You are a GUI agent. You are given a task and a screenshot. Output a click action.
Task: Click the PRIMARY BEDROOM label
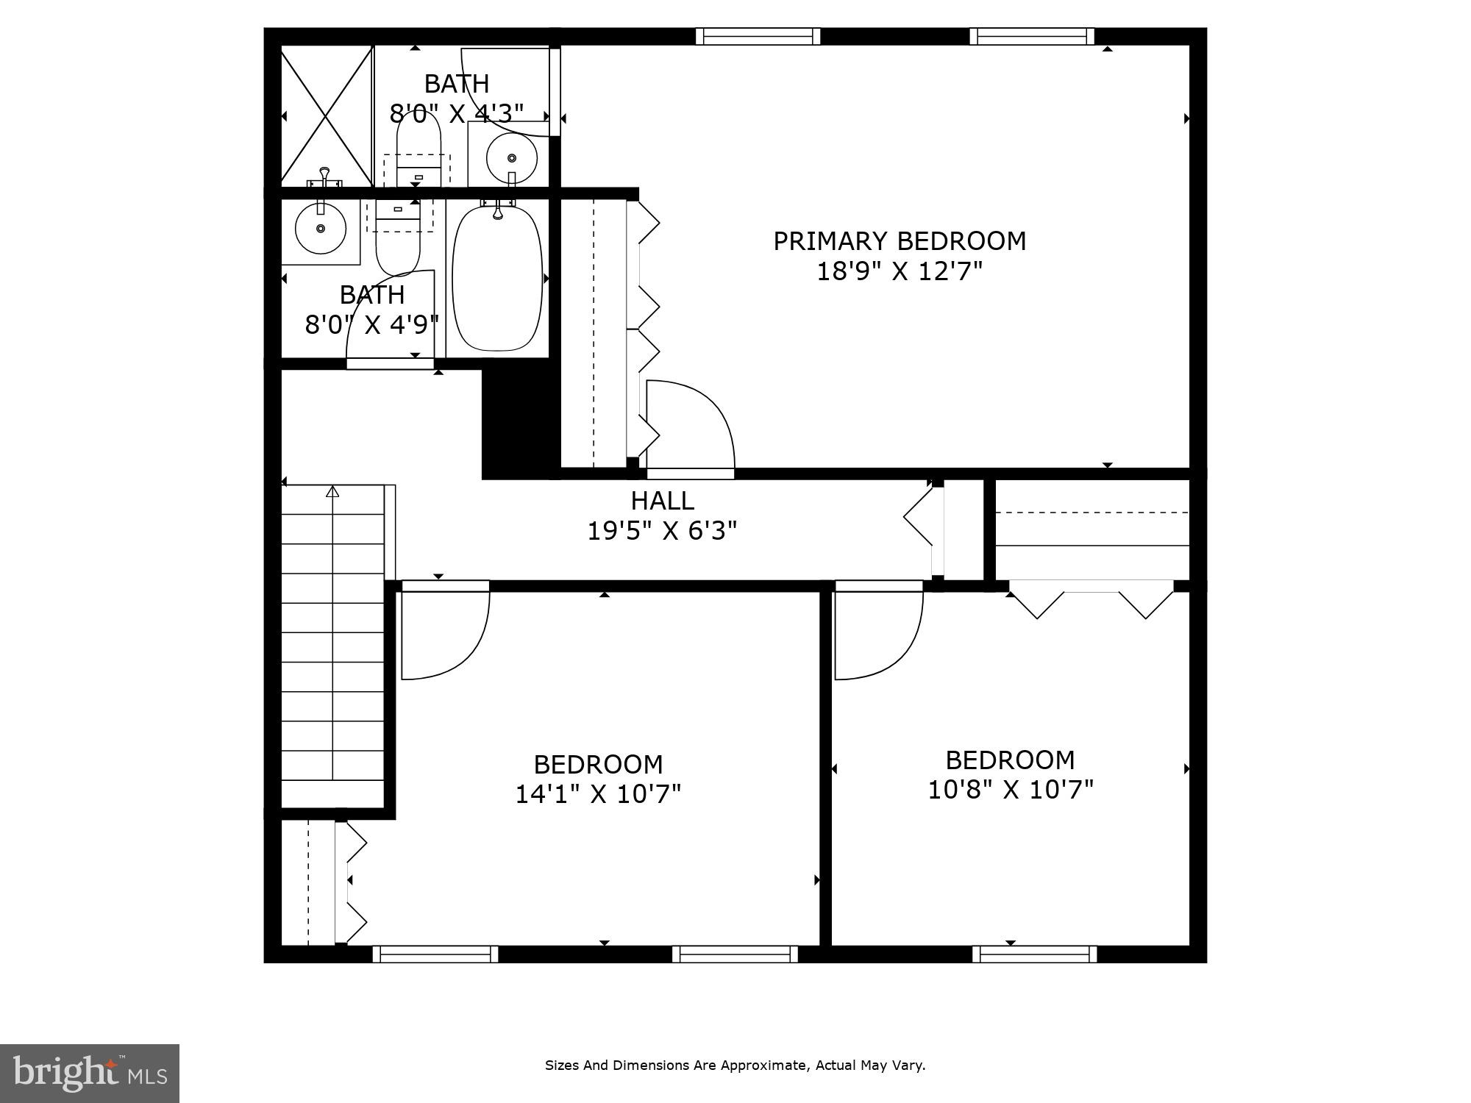899,241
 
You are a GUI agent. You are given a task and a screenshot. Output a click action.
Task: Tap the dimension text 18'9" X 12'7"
899,272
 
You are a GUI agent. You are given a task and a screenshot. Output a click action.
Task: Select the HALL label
662,501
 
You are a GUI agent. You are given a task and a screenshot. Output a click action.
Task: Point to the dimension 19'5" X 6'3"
662,530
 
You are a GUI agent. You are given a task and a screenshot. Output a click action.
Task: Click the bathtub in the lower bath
498,279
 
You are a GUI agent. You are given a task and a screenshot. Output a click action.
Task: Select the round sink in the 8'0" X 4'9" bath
321,229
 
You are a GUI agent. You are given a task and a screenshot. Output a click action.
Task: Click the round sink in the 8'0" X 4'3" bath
512,158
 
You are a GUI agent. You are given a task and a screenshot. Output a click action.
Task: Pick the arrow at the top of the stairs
332,490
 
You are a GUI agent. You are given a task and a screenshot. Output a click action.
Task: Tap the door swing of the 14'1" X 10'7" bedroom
445,634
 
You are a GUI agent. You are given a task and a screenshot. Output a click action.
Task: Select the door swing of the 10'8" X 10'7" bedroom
879,634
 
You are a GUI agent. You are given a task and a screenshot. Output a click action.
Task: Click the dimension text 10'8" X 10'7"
1011,790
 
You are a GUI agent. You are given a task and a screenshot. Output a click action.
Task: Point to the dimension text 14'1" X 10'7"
598,794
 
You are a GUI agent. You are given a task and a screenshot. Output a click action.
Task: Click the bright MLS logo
89,1073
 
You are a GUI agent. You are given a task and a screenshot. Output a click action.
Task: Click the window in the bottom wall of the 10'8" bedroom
1034,954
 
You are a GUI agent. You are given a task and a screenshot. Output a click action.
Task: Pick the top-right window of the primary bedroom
1031,36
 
